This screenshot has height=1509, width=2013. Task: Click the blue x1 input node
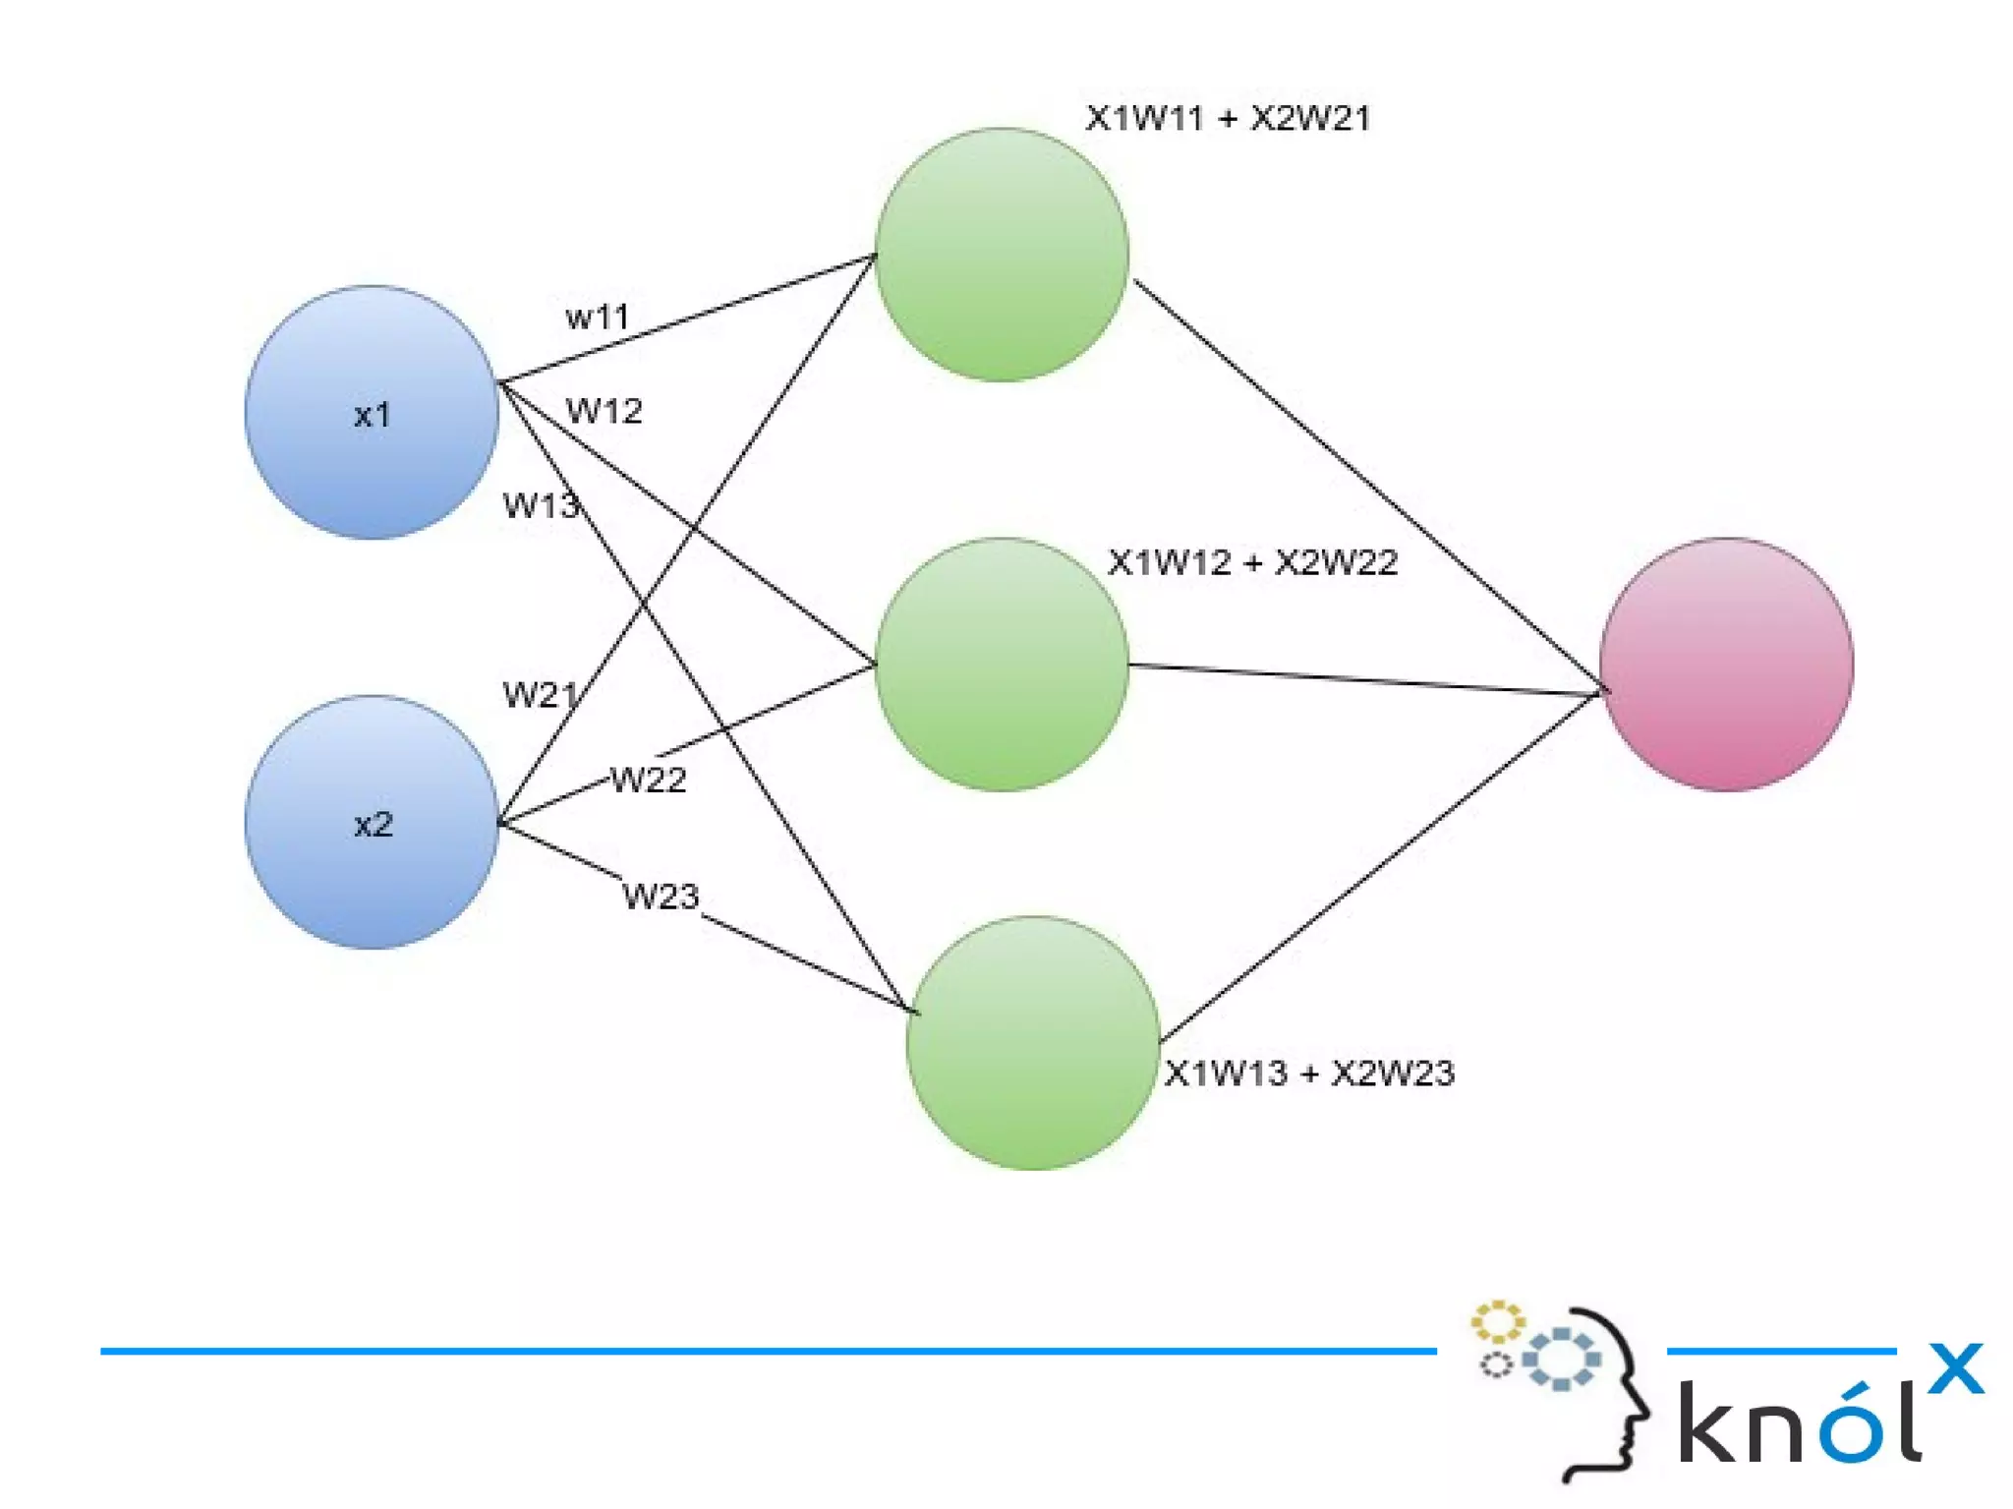coord(372,412)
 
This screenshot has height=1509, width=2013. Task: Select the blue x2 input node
coord(372,822)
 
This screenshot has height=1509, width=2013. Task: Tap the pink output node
coord(1726,665)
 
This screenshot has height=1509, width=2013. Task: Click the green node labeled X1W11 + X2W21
coord(1002,255)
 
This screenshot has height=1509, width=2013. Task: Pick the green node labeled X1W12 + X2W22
coord(1002,665)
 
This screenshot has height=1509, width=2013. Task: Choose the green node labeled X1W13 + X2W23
coord(1033,1043)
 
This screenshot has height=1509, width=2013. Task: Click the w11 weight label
coord(597,318)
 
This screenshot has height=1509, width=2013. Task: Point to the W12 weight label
coord(604,411)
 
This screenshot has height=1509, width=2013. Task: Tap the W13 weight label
coord(540,505)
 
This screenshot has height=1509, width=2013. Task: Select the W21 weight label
coord(540,695)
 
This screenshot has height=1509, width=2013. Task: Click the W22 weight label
coord(648,781)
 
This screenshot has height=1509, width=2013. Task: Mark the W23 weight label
coord(661,897)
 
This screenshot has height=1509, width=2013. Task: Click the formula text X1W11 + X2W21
coord(1228,119)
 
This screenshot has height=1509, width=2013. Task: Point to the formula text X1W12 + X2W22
coord(1252,562)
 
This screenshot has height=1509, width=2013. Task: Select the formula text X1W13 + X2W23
coord(1309,1073)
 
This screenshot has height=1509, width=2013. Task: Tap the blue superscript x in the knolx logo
coord(1955,1367)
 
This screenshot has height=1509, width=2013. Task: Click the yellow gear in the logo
coord(1497,1322)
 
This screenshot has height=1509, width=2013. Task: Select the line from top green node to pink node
coord(1366,482)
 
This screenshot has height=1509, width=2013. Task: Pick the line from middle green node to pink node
coord(1366,679)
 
